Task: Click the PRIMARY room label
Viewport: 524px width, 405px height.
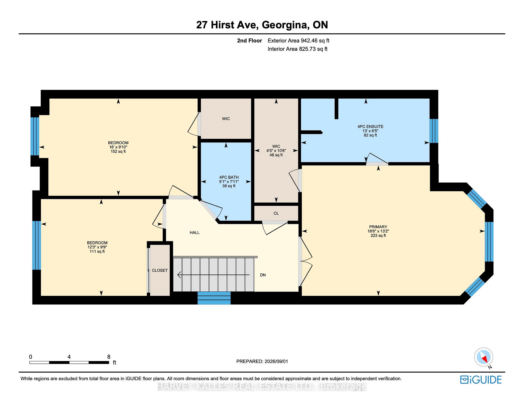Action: pos(378,227)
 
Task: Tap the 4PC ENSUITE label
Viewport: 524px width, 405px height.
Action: pos(370,127)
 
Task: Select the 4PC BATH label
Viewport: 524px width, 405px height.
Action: pos(229,177)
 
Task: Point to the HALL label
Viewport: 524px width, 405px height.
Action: pos(195,233)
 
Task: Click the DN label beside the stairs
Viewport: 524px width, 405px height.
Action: pos(263,275)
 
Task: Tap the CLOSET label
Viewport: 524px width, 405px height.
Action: pos(160,270)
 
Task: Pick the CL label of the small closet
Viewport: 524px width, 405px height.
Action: pos(276,213)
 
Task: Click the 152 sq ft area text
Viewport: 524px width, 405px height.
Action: pos(118,151)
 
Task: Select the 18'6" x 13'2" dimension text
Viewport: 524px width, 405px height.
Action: pos(378,231)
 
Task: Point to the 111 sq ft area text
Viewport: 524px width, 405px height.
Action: pos(97,251)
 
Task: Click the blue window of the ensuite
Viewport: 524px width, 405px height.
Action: pos(434,131)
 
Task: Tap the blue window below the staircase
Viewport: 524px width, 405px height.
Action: pos(214,298)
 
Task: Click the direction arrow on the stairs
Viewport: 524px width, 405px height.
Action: pos(213,275)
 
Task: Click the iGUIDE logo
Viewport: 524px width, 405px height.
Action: pos(481,380)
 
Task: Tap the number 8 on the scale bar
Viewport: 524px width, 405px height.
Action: pos(109,357)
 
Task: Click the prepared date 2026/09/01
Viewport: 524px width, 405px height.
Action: pos(276,361)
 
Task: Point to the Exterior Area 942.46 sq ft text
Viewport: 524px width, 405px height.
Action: pos(299,41)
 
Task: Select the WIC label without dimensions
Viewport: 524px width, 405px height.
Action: pos(226,119)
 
